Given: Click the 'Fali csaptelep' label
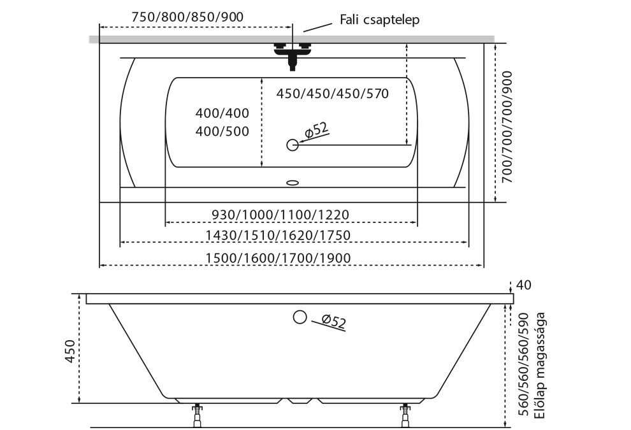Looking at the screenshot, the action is click(x=379, y=20).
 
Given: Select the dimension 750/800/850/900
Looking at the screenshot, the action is click(x=187, y=17).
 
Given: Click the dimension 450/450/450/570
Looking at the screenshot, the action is click(x=333, y=94).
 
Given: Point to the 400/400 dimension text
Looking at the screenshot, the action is click(x=222, y=113).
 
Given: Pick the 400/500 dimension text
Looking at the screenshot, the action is click(x=222, y=131).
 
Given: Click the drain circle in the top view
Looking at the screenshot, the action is click(x=293, y=145).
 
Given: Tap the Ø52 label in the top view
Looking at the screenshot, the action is click(x=317, y=130).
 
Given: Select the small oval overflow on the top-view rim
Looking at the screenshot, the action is click(x=293, y=183).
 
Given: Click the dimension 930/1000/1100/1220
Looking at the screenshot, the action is click(x=280, y=215).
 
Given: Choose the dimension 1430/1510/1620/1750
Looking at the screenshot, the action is click(x=278, y=235).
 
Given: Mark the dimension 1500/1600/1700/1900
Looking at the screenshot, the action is click(x=278, y=258).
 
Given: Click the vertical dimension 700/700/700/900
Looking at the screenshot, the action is click(x=508, y=127).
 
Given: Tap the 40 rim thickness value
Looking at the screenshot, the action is click(x=523, y=285).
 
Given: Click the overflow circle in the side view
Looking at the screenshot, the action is click(x=300, y=317).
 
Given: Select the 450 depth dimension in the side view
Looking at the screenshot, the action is click(x=70, y=351).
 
